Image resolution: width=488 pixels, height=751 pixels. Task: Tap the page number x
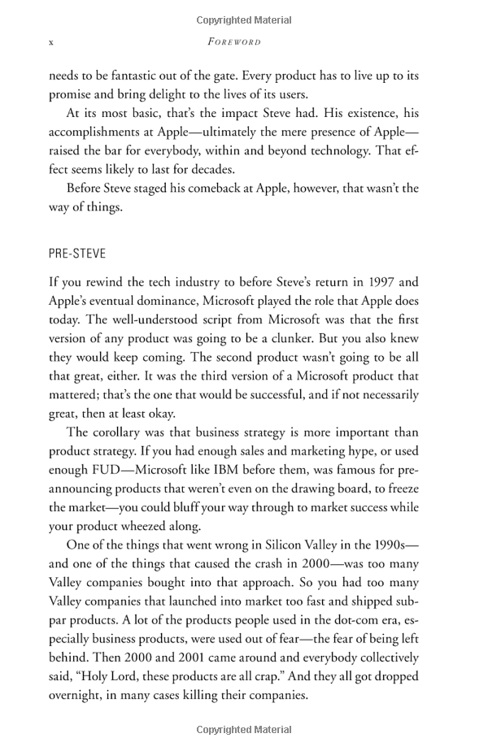(x=51, y=41)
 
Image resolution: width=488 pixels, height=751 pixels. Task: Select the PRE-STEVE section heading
(x=77, y=254)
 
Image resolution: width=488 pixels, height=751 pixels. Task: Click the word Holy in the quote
(x=95, y=675)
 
